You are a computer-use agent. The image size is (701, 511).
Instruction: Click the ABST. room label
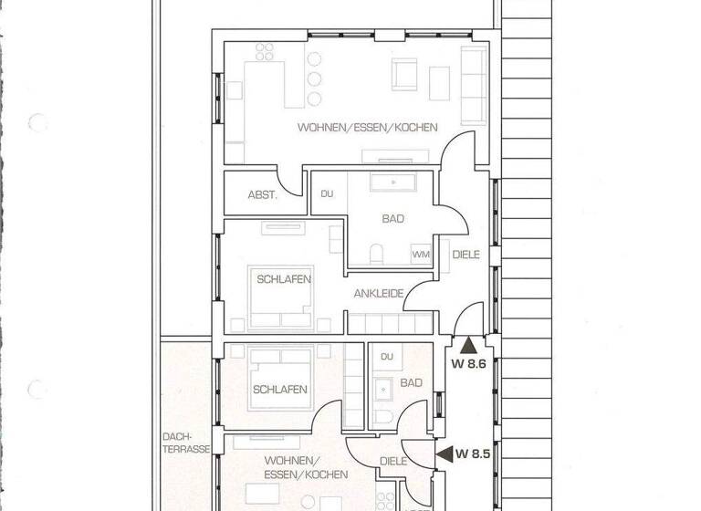click(261, 195)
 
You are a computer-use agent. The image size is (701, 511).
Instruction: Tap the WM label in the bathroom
click(422, 255)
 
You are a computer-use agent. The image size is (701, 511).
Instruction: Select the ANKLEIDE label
click(379, 294)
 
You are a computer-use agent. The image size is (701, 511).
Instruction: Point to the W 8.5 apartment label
click(475, 452)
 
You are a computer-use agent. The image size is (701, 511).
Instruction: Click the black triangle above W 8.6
click(468, 345)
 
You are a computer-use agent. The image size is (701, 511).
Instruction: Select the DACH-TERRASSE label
click(184, 443)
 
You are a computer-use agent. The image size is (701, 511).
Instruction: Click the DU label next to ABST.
click(327, 193)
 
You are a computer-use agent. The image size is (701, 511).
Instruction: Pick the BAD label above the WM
click(393, 219)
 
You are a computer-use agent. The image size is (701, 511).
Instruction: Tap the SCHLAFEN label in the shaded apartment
click(280, 389)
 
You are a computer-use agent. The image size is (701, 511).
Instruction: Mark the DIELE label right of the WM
click(466, 255)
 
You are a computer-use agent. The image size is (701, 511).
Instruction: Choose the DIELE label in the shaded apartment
click(393, 462)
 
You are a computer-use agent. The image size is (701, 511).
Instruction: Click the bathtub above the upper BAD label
click(393, 182)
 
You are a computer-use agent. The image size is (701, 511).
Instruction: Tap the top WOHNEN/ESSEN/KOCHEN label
click(367, 128)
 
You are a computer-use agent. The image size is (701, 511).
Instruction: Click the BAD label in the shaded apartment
click(411, 383)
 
